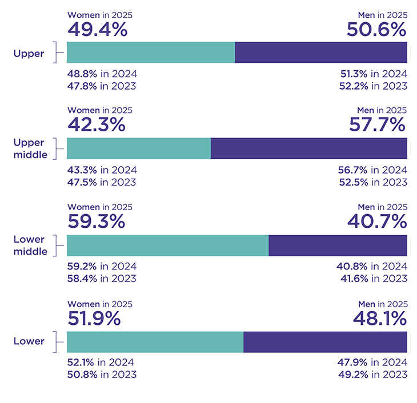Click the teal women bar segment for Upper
(x=151, y=52)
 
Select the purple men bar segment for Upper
(x=320, y=52)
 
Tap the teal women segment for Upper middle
(x=139, y=148)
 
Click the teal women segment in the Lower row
(x=155, y=341)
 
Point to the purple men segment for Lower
(x=325, y=341)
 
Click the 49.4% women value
(x=97, y=29)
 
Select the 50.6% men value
(x=377, y=29)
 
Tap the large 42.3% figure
(x=97, y=125)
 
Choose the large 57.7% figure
(x=378, y=125)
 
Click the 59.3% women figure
(x=97, y=221)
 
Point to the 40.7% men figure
(x=378, y=221)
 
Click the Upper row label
(x=29, y=53)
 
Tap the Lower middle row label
(x=29, y=245)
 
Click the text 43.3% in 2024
(x=102, y=170)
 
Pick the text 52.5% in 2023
(x=373, y=182)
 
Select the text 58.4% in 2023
(x=102, y=279)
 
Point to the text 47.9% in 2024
(x=373, y=362)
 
